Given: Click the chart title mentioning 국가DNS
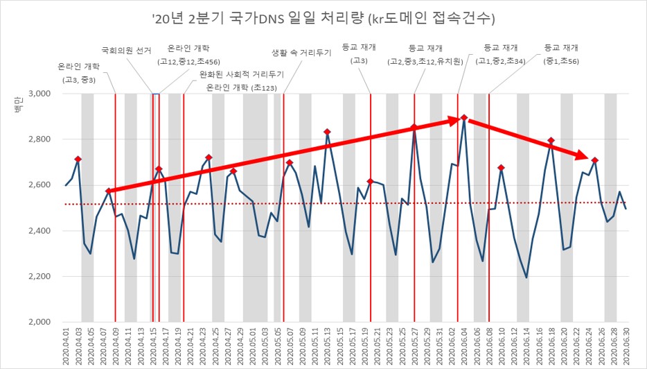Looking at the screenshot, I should coord(323,16).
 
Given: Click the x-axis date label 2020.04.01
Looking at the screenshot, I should coord(67,347).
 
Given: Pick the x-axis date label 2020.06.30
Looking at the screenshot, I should coord(626,347).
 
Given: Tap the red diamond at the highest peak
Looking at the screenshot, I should coord(464,118).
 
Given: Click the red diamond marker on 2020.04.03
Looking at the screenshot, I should coord(78,159).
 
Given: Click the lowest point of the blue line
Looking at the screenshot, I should coord(526,277).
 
